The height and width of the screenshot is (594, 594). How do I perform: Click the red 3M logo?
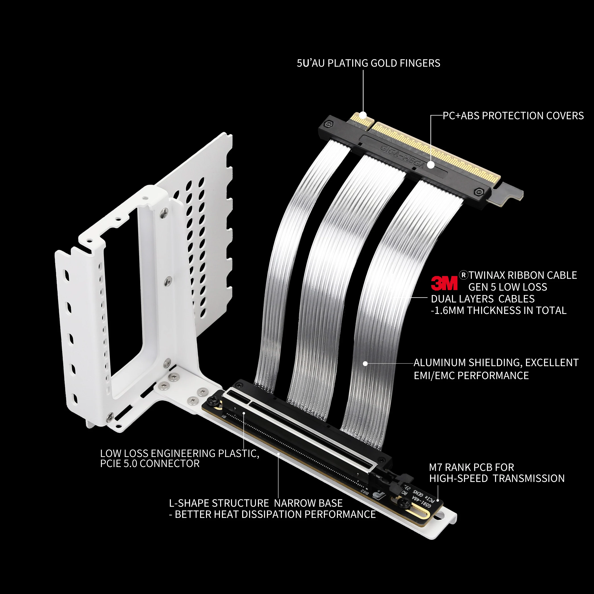tap(444, 283)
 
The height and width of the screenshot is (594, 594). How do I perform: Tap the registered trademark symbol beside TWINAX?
tap(463, 275)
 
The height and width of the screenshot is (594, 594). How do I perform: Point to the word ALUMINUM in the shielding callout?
tap(440, 363)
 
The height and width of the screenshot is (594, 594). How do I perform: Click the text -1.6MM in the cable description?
tap(447, 311)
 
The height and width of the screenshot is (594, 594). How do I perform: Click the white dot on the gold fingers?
tap(363, 116)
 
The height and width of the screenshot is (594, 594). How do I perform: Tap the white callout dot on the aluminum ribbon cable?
tap(365, 363)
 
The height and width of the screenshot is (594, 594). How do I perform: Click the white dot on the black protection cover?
tap(431, 165)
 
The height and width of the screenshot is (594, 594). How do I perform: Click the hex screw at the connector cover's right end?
tap(478, 192)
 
